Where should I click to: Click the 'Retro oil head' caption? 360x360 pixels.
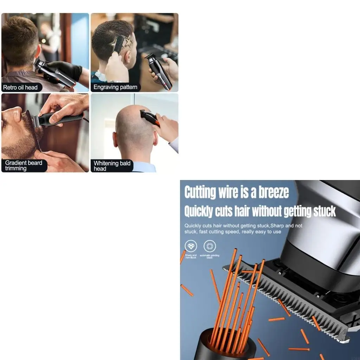20,87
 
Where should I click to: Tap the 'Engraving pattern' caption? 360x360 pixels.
115,87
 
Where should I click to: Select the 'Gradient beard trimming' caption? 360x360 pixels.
23,165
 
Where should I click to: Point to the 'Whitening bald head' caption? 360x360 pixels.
112,166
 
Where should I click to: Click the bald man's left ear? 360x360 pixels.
115,139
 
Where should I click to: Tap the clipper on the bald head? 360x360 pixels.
149,117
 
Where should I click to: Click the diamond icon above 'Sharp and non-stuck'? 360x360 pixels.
191,246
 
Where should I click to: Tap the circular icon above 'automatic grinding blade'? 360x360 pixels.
210,246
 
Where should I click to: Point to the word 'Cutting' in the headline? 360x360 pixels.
200,192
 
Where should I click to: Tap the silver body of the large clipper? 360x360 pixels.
323,229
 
